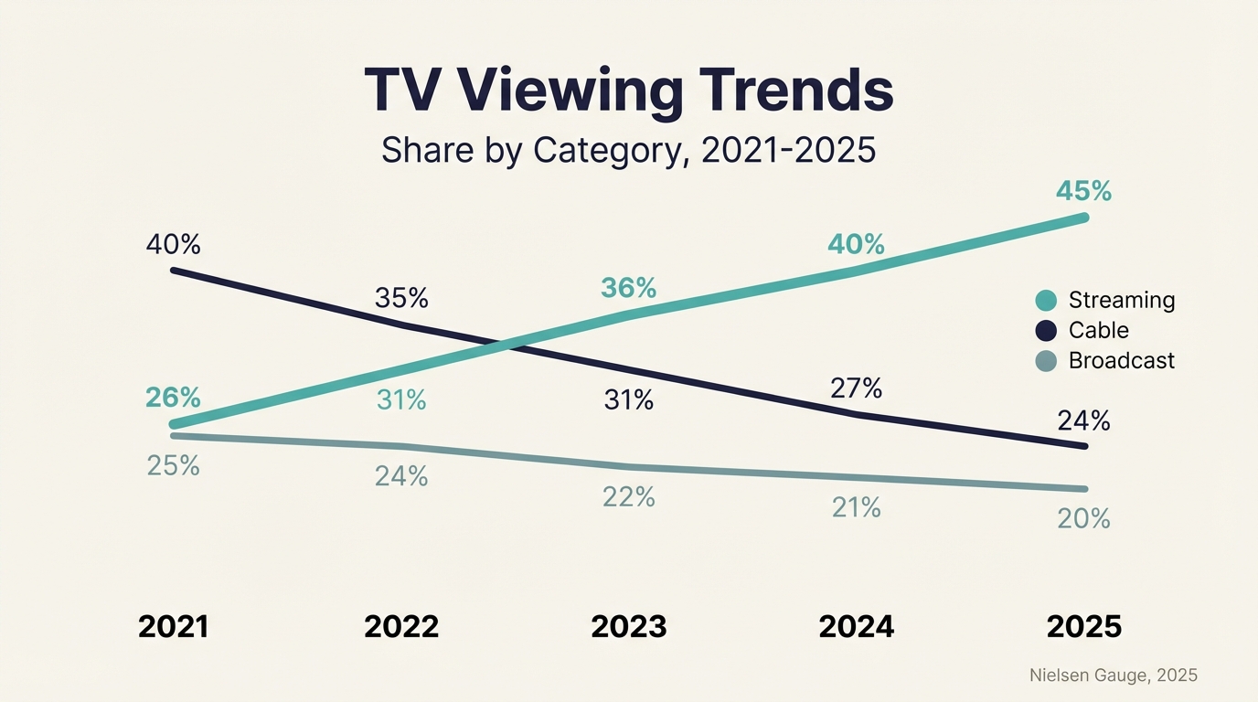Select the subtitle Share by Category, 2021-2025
[629, 150]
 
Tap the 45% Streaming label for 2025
[1083, 191]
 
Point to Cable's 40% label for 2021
[173, 245]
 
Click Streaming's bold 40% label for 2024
[856, 245]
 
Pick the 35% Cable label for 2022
[401, 298]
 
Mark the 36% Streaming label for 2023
[629, 288]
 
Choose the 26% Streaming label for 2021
[173, 398]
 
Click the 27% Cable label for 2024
[856, 388]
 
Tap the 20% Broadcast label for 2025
[1083, 519]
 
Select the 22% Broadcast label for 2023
[629, 496]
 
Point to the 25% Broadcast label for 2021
[173, 465]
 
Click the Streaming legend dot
[1046, 300]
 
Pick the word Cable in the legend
[1098, 330]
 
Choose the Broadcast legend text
[1121, 360]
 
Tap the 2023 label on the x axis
[629, 627]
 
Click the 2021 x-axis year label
[173, 627]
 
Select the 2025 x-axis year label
[1083, 627]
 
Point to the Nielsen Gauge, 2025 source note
[1113, 675]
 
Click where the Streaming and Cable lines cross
[500, 346]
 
